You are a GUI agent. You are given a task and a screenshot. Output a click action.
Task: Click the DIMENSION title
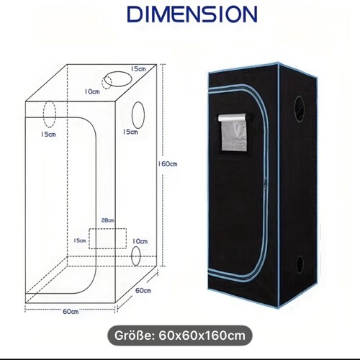pos(192,14)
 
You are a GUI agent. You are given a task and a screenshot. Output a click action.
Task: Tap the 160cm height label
pos(168,164)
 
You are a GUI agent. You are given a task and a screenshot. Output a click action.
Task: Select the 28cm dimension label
pos(107,220)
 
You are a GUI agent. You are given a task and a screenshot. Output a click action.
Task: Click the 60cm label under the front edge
pos(71,312)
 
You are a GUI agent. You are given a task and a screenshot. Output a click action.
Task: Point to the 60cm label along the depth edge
pos(143,290)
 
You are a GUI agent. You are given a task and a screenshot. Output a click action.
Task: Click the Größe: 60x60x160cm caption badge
pos(180,336)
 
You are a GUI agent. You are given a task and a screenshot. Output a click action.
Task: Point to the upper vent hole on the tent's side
pos(300,109)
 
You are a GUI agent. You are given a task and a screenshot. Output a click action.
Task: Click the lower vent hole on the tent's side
pos(300,266)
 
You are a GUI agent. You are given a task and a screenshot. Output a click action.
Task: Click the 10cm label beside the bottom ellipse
pos(140,241)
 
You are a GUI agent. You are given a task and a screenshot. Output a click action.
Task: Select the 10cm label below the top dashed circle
pos(92,91)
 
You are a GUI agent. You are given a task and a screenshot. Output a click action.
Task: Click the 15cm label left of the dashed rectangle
pos(80,240)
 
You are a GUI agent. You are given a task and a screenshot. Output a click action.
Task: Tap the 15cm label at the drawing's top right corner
pos(138,68)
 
